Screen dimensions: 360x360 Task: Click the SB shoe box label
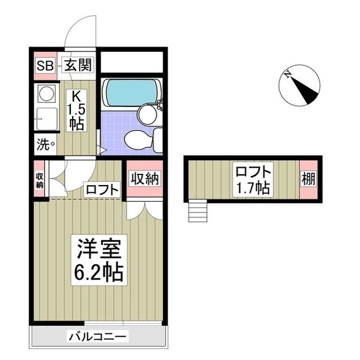(44, 66)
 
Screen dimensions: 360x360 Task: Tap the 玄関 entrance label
(75, 66)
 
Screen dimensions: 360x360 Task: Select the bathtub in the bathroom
(131, 92)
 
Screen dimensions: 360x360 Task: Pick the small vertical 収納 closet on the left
(39, 179)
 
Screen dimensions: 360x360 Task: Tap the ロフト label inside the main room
(102, 190)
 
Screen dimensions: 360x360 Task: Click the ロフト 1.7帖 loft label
(253, 179)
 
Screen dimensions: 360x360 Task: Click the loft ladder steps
(198, 212)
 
